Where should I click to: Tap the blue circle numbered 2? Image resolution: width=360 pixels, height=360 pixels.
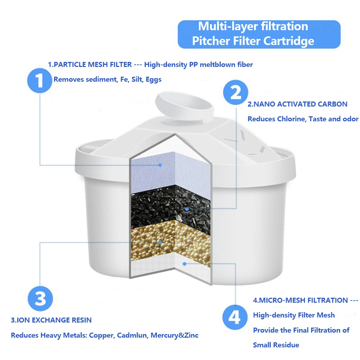[x=235, y=93]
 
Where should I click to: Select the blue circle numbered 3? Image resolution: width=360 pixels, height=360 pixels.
[x=40, y=298]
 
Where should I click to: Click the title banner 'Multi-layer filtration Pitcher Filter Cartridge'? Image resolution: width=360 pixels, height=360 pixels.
[x=258, y=34]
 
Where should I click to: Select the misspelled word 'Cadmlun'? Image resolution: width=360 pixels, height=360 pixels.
[x=132, y=335]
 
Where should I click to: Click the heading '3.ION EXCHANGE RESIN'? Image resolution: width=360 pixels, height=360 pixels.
[x=51, y=320]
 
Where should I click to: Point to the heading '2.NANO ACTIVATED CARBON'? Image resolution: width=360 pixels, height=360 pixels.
[x=297, y=104]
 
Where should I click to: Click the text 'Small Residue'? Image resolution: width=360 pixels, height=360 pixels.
[x=276, y=345]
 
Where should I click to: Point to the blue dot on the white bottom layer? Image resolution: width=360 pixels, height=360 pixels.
[x=184, y=264]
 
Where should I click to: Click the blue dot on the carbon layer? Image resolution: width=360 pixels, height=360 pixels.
[x=186, y=208]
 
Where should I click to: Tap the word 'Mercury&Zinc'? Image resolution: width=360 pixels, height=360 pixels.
[x=174, y=335]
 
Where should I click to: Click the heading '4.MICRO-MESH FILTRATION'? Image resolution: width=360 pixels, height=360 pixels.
[x=300, y=300]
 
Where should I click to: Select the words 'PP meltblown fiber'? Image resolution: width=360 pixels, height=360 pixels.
[x=221, y=65]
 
